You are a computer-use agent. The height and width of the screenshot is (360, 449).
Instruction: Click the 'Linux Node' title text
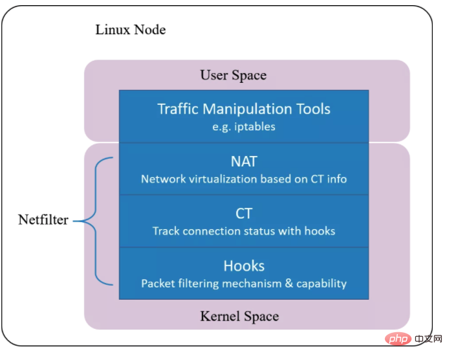coord(130,30)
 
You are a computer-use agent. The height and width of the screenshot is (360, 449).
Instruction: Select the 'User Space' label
coord(233,75)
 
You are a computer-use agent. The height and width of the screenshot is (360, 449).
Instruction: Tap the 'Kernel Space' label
coord(239,317)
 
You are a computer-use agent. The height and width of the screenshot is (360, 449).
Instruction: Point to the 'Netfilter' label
coord(43,220)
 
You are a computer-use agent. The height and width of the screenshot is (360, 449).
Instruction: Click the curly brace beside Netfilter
coord(97,220)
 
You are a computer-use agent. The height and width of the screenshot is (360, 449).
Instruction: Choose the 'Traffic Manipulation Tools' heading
coord(244,108)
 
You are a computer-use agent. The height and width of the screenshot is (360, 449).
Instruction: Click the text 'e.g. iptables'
coord(244,126)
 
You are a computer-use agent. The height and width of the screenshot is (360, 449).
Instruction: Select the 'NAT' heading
coord(244,161)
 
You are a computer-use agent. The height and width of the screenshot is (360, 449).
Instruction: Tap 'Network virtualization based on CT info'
coord(244,179)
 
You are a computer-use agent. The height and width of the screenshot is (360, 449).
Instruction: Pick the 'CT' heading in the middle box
coord(244,213)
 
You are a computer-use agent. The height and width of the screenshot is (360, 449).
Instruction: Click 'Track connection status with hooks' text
coord(244,231)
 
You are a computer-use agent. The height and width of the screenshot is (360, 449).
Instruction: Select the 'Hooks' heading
coord(244,265)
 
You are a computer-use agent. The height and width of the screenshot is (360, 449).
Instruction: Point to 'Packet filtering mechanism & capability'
coord(244,283)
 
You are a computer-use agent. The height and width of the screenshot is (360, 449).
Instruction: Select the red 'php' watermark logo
coord(389,339)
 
